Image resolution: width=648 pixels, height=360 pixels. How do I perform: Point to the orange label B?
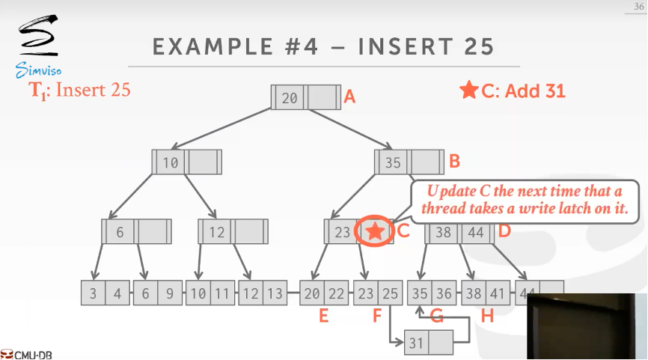(x=453, y=161)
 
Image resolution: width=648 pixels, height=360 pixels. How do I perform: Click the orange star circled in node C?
(x=376, y=232)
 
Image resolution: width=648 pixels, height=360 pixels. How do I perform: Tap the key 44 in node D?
(x=475, y=232)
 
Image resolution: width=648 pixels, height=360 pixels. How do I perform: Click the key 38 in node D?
(x=444, y=232)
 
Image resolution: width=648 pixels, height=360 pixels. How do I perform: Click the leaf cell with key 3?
(x=93, y=294)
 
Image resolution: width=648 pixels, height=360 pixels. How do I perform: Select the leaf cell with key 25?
(x=390, y=294)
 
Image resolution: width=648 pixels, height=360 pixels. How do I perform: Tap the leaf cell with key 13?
(x=274, y=294)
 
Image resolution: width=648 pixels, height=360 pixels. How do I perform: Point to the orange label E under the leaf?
(x=323, y=317)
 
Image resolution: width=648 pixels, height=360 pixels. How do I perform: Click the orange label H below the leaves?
(x=487, y=317)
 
